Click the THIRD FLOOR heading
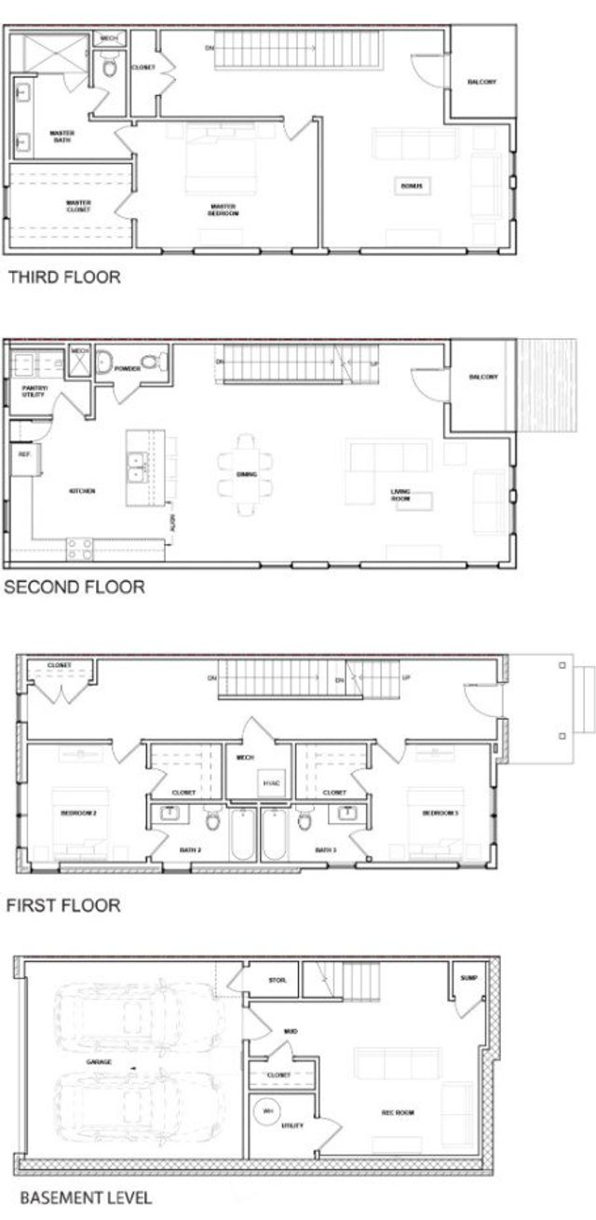point(63,277)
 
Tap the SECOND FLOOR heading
point(74,587)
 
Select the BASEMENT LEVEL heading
point(86,1197)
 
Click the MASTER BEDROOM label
point(223,210)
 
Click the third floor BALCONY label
point(481,82)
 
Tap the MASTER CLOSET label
point(78,207)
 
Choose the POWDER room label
point(128,369)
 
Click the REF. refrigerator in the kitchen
point(23,456)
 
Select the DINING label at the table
point(247,475)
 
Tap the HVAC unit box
point(271,783)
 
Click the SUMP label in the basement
point(468,979)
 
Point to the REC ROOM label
point(398,1113)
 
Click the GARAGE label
point(100,1062)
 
